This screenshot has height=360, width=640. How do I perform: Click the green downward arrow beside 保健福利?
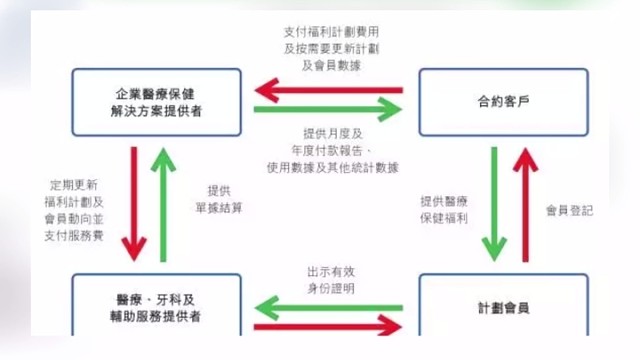[494, 205]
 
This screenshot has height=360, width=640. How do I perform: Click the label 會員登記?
[569, 210]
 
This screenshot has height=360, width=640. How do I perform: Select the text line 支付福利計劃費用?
[329, 31]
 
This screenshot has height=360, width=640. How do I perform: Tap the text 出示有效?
[330, 270]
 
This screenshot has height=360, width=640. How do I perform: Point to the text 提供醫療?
[444, 200]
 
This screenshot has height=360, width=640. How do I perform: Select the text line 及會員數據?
[329, 66]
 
